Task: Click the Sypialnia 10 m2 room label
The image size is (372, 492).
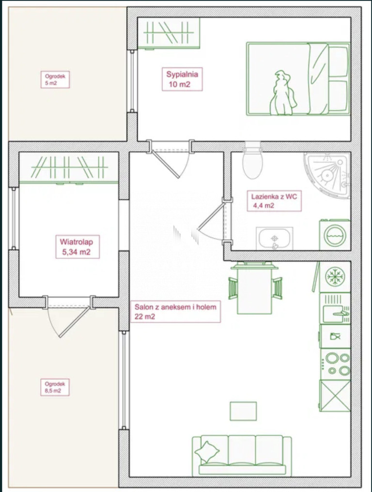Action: (182, 79)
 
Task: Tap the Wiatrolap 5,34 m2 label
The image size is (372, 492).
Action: (77, 246)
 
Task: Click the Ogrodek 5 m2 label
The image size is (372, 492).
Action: (55, 80)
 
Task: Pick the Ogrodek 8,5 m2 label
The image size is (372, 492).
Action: (55, 387)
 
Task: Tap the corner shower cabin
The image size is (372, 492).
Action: (326, 175)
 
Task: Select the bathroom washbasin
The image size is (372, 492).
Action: (275, 238)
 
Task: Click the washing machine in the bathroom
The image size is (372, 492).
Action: (335, 235)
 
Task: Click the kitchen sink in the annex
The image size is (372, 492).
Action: (335, 308)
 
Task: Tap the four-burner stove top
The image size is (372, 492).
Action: (335, 364)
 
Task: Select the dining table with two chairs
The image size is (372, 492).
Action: (255, 288)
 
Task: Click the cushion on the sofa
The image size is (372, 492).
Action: (207, 452)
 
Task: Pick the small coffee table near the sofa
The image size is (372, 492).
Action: (243, 411)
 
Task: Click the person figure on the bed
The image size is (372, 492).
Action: (283, 93)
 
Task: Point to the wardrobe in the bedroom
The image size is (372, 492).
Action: (169, 33)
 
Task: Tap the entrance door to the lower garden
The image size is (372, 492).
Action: (69, 317)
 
